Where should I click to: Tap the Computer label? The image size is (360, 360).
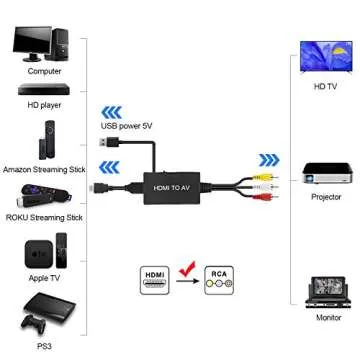click(x=44, y=71)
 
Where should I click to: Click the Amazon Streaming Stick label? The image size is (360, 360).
click(x=44, y=170)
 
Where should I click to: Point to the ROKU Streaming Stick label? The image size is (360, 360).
click(x=44, y=215)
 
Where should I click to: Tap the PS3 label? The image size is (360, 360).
click(x=44, y=346)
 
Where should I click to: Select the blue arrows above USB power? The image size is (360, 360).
click(x=111, y=112)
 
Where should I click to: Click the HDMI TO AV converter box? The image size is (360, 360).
click(x=171, y=186)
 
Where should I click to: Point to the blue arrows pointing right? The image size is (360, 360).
click(x=269, y=160)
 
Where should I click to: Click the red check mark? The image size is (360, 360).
click(x=186, y=268)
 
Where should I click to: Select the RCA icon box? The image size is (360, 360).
click(x=218, y=280)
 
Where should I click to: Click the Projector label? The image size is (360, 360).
click(x=326, y=197)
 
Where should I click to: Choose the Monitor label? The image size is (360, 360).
click(x=328, y=317)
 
